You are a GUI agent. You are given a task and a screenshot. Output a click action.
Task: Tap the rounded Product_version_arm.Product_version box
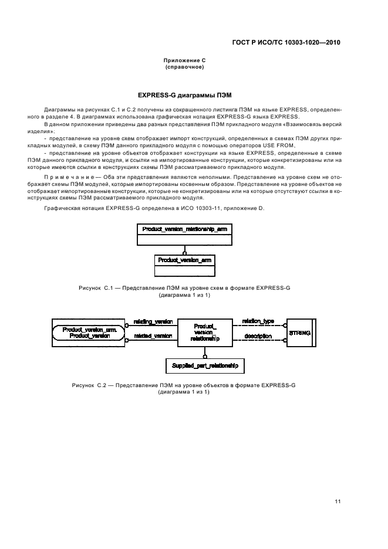90,333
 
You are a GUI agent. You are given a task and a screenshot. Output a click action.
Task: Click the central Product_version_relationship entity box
205,333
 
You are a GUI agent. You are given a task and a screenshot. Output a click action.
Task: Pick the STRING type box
299,333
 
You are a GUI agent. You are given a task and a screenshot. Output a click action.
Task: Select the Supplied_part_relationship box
204,365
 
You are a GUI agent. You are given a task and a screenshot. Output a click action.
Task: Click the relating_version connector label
153,322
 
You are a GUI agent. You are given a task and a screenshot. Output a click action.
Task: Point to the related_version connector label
153,336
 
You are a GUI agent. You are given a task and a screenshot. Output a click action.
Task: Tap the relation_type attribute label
258,321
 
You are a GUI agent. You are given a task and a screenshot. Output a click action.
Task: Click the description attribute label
258,336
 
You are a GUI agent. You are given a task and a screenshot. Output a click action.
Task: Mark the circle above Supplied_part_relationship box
204,356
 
